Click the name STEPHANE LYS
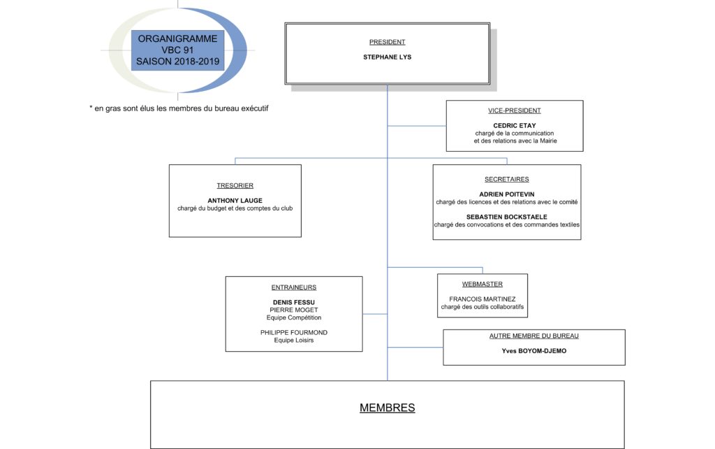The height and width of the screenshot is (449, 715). [387, 57]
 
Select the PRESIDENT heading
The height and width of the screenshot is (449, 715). [387, 42]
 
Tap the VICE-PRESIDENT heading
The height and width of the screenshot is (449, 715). [515, 111]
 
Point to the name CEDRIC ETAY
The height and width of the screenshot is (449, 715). [515, 126]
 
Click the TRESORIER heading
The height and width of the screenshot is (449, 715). [235, 185]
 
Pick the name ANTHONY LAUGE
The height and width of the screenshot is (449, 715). [235, 201]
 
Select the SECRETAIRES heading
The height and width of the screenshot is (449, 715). [507, 180]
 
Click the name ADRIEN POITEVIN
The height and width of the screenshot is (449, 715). [507, 194]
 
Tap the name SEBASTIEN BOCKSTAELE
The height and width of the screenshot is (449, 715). [507, 217]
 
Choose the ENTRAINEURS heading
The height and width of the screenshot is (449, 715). [294, 287]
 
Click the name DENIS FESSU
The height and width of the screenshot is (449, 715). [294, 302]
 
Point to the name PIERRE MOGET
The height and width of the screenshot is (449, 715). [294, 310]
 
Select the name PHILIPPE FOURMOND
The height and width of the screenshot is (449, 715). [294, 332]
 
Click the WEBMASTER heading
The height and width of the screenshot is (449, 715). [482, 284]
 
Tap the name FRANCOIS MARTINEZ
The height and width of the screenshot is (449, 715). [482, 299]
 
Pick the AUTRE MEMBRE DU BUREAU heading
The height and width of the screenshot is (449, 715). [534, 336]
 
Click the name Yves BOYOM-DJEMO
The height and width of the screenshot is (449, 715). [534, 351]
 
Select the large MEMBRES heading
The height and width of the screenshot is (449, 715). [387, 408]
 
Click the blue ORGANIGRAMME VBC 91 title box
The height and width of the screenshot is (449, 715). [178, 50]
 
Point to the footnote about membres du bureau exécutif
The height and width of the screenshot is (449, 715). [179, 108]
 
